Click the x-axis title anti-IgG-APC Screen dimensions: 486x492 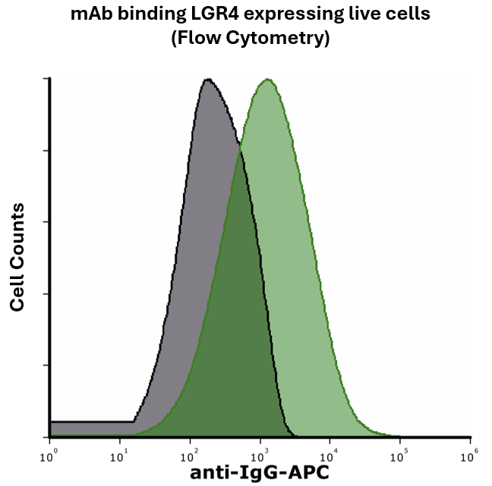click(x=260, y=473)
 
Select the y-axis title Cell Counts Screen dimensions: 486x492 click(x=17, y=257)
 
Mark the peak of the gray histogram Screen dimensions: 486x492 click(x=207, y=80)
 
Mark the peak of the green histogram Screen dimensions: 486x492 click(x=267, y=80)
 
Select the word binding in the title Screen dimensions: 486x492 click(x=146, y=15)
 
